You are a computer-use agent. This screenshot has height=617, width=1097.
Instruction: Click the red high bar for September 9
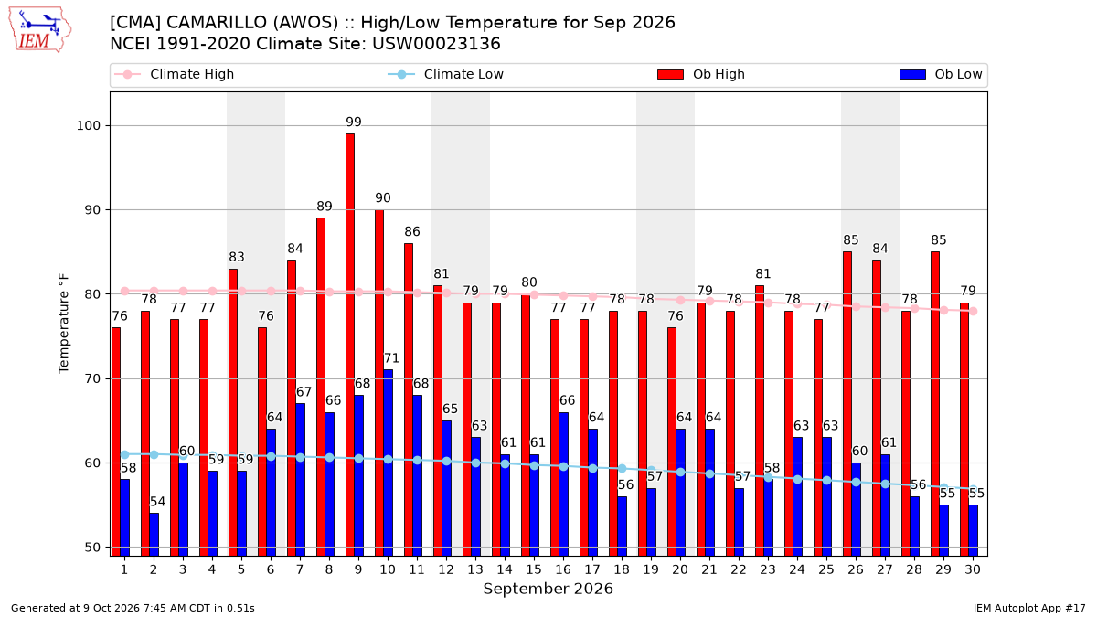click(x=349, y=345)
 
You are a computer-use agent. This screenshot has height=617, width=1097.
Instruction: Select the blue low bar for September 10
click(x=388, y=463)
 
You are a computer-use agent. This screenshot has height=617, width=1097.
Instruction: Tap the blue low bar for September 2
click(x=154, y=534)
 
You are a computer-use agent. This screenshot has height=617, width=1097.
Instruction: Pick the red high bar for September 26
click(x=847, y=403)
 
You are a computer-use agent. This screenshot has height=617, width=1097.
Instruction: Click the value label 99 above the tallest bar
click(x=354, y=122)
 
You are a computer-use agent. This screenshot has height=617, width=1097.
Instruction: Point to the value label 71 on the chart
click(x=391, y=358)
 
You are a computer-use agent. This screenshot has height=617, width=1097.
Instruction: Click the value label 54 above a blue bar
click(x=157, y=502)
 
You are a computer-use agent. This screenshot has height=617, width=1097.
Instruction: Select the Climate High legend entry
click(x=174, y=74)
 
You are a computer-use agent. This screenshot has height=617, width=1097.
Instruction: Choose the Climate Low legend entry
click(x=446, y=74)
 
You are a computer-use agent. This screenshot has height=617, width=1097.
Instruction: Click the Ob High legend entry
click(x=701, y=74)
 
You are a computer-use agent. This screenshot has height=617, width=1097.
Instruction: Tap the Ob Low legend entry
click(x=941, y=74)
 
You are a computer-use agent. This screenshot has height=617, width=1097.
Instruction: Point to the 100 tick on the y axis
click(x=88, y=126)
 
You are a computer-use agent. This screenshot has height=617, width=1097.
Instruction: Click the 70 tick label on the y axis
click(x=92, y=379)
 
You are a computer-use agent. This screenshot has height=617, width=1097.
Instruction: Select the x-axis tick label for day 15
click(x=534, y=569)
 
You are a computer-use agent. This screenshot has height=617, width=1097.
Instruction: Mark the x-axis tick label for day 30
click(x=973, y=569)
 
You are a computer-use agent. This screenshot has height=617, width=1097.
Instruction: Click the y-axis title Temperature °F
click(x=64, y=324)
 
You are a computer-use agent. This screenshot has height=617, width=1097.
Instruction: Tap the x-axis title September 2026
click(x=548, y=589)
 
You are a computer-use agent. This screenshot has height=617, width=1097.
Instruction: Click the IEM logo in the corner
click(x=39, y=30)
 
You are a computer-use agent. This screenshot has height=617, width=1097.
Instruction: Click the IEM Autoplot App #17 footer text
click(x=1029, y=608)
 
